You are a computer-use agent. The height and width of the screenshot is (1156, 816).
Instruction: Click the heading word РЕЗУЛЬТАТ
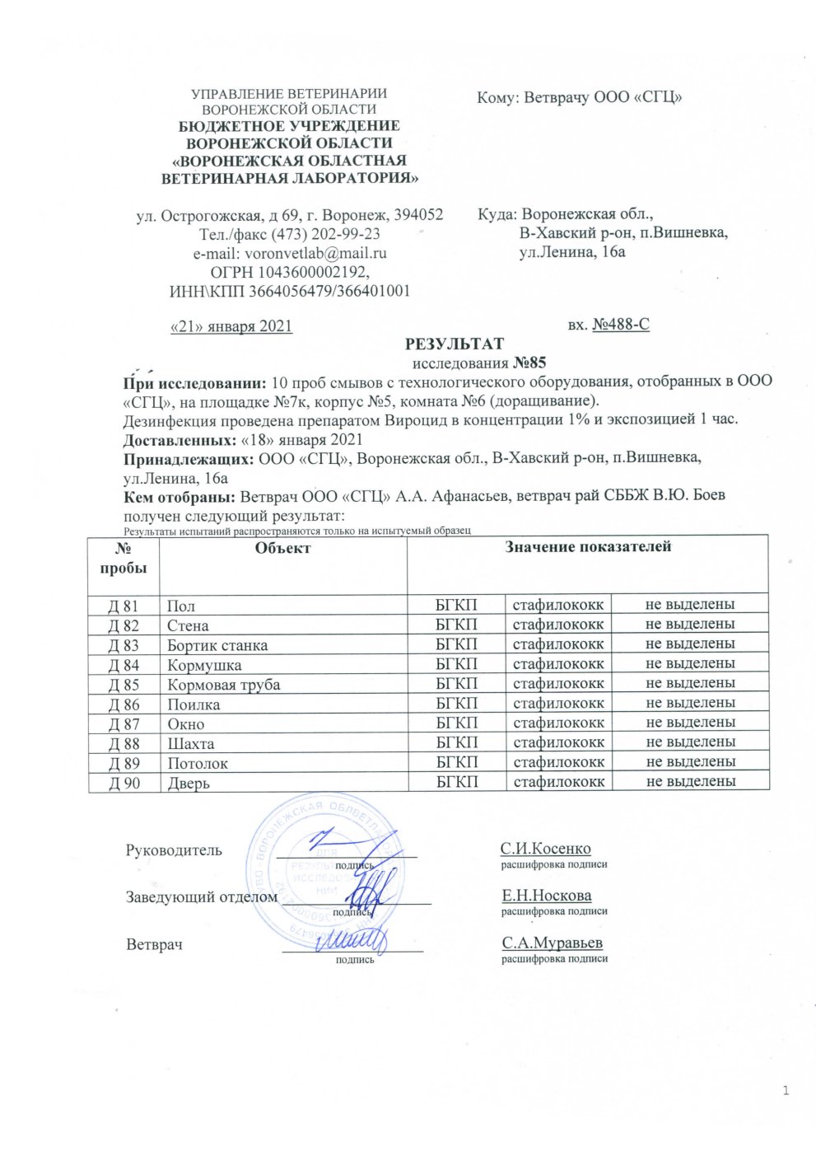tap(454, 344)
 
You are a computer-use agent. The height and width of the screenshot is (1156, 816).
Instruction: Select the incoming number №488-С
tap(621, 325)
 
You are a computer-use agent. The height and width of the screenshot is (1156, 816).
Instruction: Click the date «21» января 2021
tap(231, 326)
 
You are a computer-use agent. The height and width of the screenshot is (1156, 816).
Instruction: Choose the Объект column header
tap(282, 548)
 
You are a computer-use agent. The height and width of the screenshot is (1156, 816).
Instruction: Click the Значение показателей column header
tap(588, 546)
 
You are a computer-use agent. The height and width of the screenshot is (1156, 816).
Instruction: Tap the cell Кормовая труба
tap(223, 685)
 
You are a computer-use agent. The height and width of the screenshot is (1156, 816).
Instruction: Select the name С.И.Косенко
tap(545, 849)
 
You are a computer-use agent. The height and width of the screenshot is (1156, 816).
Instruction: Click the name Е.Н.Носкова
tap(546, 896)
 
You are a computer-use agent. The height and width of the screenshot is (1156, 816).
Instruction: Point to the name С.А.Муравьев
tap(552, 943)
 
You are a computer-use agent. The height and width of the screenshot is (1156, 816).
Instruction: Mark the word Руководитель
tap(173, 850)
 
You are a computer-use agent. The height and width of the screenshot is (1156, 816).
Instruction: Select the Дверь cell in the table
tap(189, 783)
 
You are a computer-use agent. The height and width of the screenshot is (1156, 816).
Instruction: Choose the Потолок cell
tap(198, 763)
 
